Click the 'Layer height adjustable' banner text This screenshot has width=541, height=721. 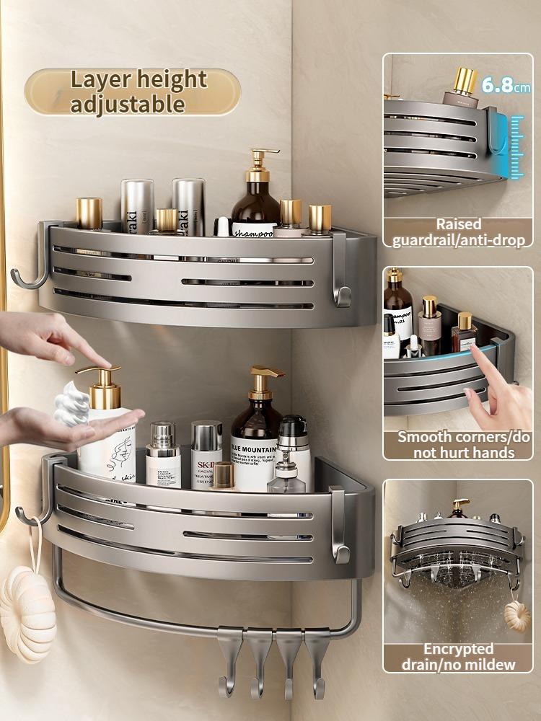(132, 92)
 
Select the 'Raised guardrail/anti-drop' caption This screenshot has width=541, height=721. (459, 232)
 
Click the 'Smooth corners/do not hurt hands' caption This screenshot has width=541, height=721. (459, 445)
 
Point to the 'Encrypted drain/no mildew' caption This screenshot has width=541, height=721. (459, 657)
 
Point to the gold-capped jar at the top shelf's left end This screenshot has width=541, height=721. (89, 213)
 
